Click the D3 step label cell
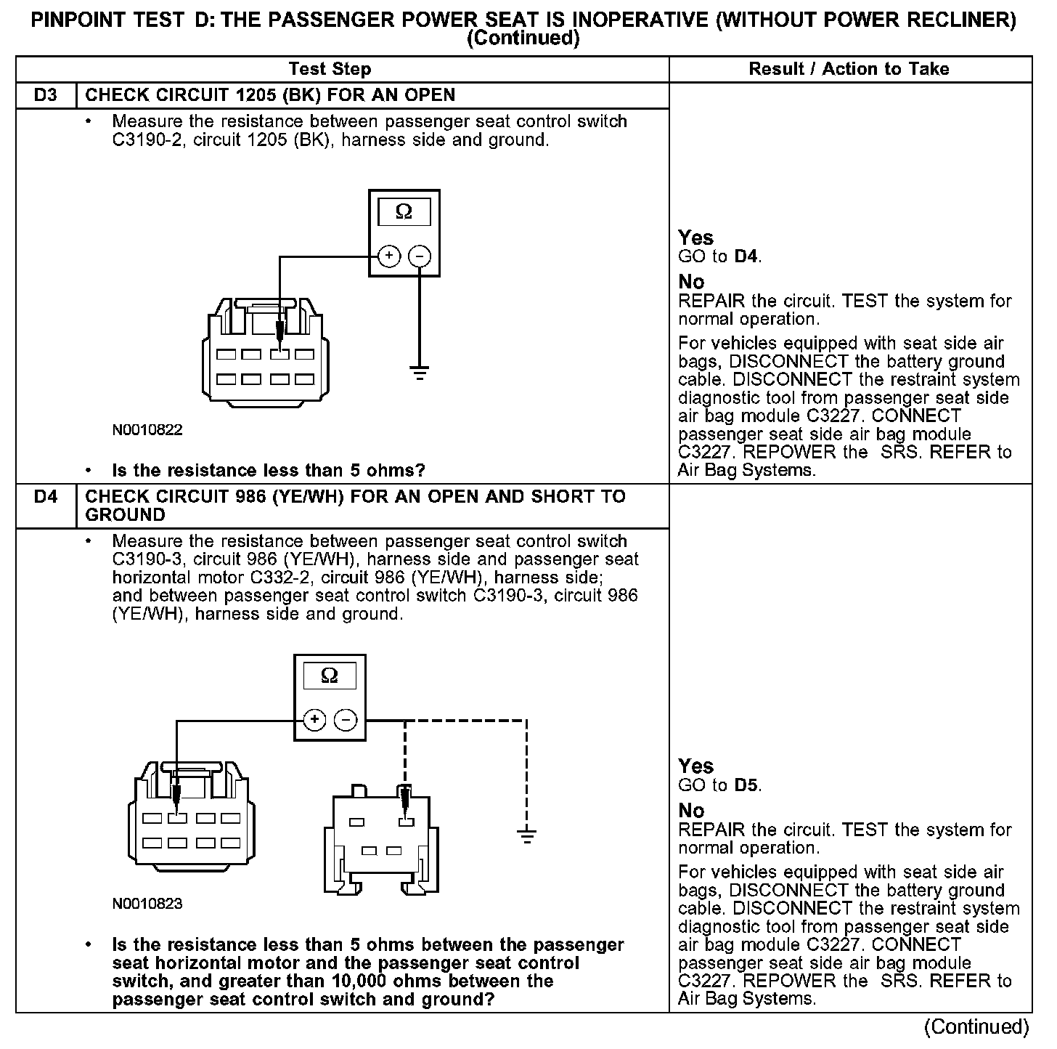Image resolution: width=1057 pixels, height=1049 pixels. [45, 95]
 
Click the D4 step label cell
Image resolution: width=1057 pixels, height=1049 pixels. [45, 497]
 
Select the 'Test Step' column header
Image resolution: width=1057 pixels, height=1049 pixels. [330, 69]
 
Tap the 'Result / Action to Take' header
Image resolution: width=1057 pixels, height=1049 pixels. [849, 69]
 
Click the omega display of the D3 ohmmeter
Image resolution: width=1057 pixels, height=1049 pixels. [404, 212]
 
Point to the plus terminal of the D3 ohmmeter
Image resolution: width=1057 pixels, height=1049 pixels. [389, 256]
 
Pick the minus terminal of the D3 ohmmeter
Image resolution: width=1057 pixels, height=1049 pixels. [420, 256]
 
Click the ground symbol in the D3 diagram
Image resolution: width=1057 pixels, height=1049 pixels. [419, 374]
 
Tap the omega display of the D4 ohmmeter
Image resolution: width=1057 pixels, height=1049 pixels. [329, 676]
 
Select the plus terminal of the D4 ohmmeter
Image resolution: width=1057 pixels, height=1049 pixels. [314, 720]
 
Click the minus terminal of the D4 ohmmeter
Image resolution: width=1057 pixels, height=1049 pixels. [345, 720]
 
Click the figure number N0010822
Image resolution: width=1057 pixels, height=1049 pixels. [147, 429]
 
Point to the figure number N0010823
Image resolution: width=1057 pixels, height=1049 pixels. [147, 904]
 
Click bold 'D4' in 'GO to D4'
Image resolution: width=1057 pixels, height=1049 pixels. [746, 256]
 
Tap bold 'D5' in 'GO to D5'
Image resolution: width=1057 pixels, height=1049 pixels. [746, 785]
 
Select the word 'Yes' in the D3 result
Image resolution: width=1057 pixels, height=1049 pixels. [695, 238]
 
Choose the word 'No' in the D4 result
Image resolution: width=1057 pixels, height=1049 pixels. [691, 810]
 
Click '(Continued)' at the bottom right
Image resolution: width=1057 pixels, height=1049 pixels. [976, 1026]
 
